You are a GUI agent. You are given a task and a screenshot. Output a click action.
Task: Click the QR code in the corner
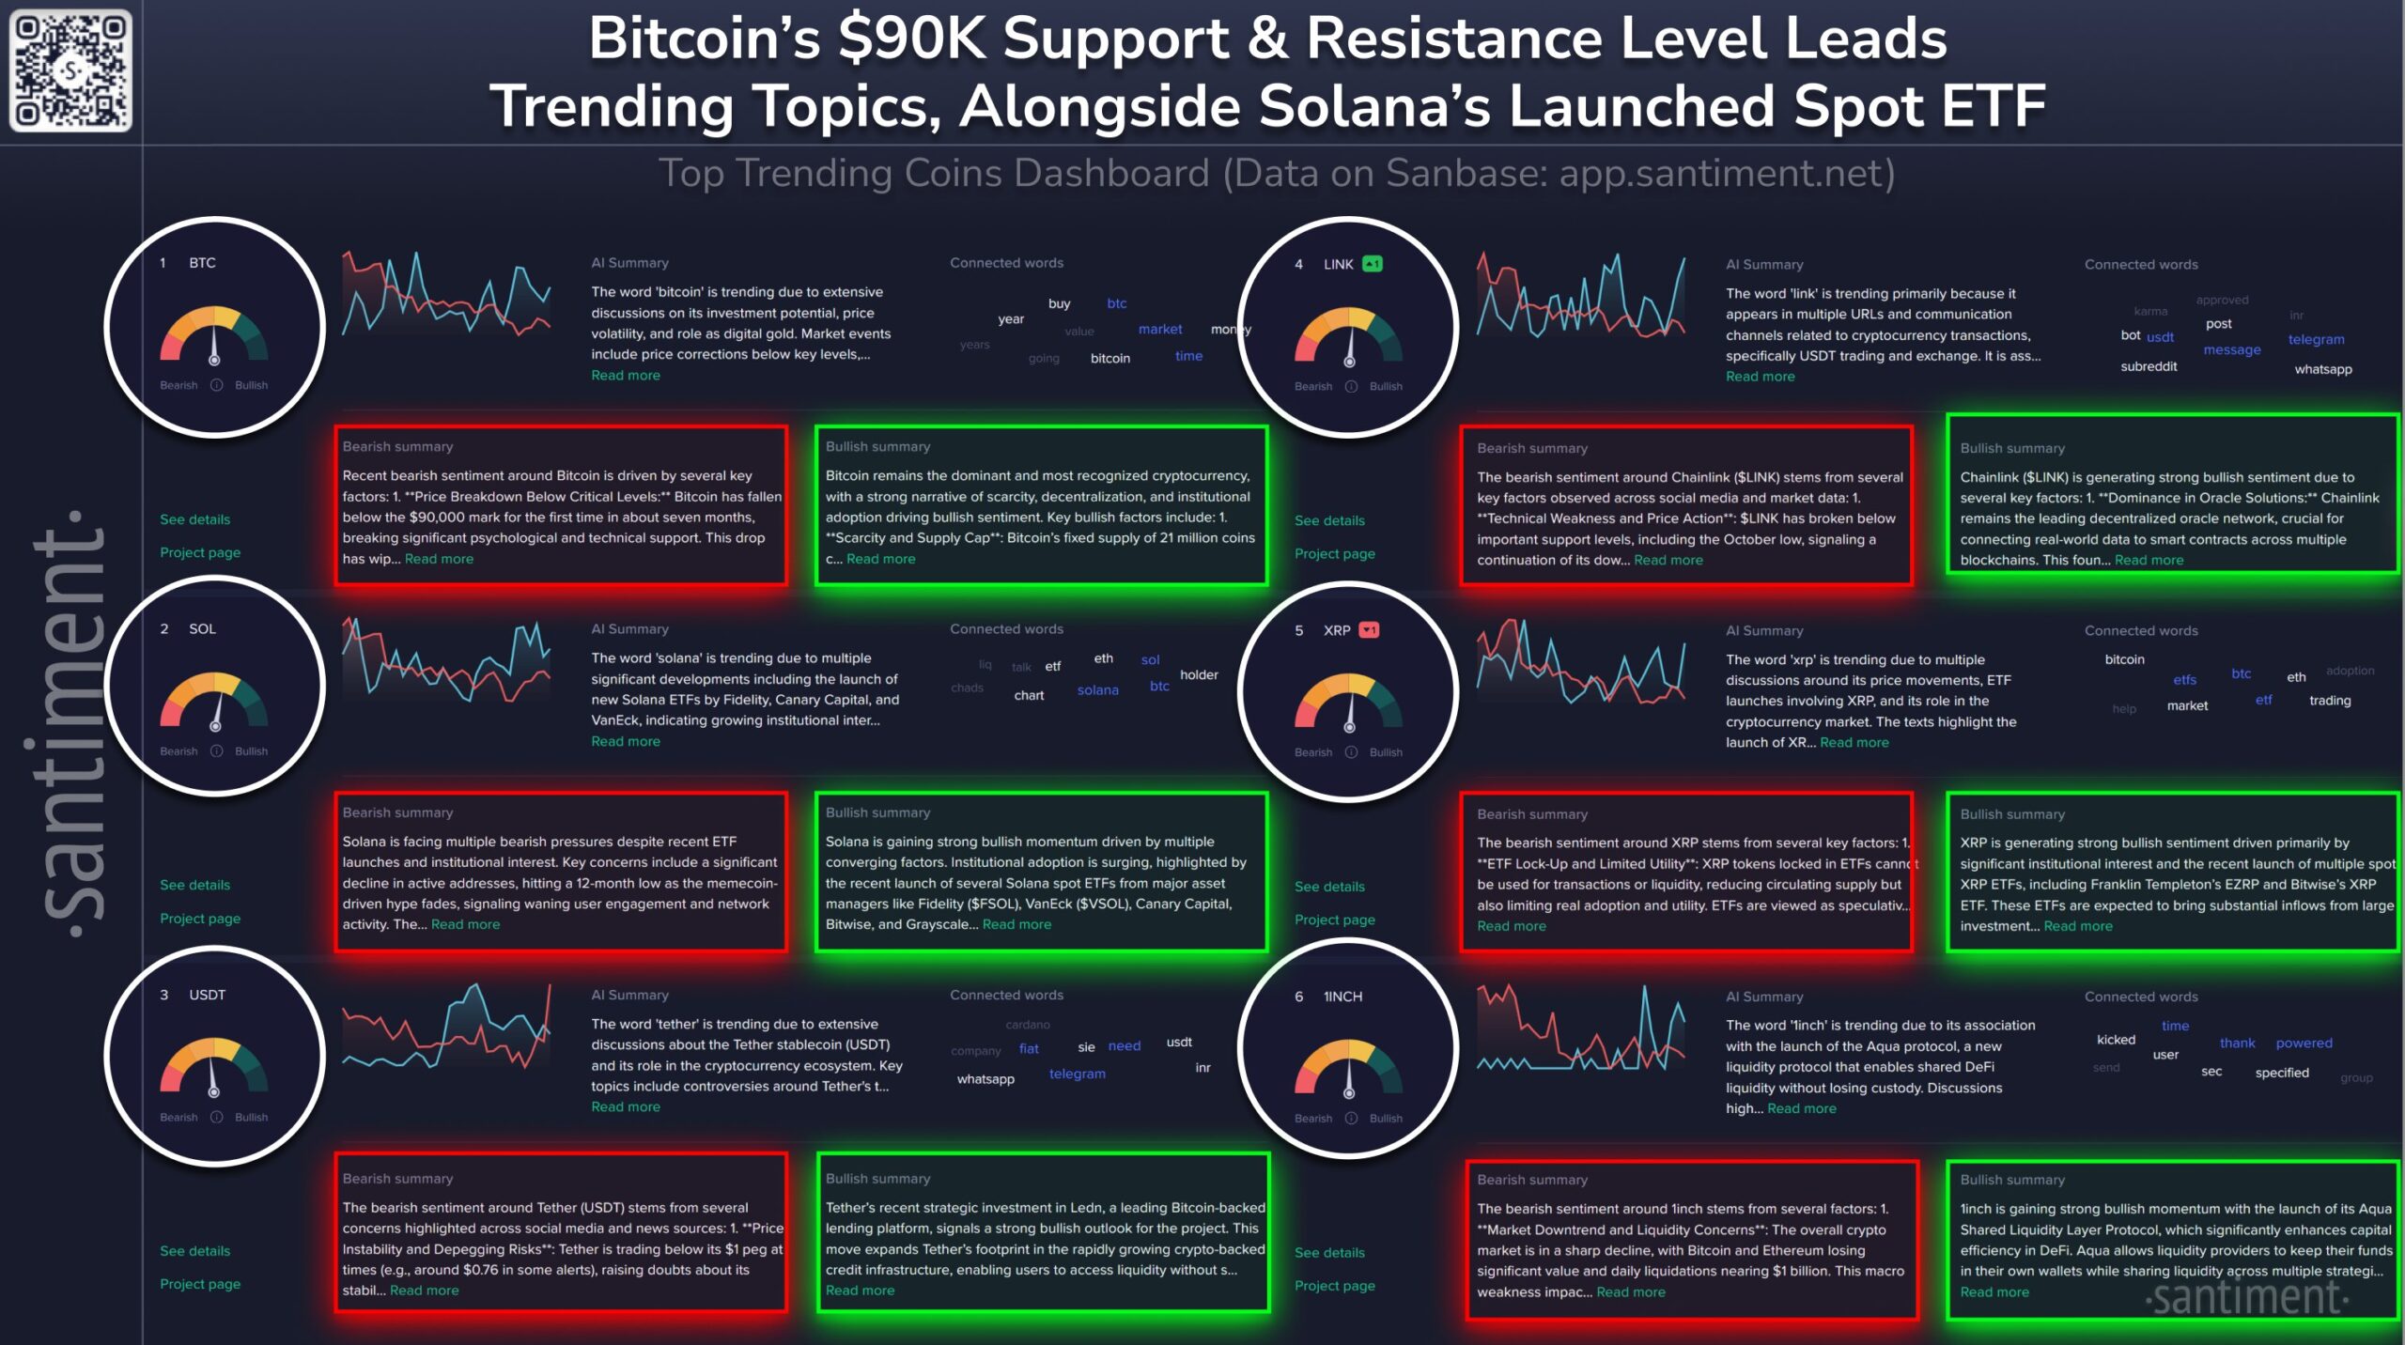point(70,70)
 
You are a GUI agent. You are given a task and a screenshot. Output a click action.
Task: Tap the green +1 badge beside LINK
point(1372,264)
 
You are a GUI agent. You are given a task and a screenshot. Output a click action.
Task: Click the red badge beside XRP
point(1369,630)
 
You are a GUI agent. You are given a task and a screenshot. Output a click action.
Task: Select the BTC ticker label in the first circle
point(202,263)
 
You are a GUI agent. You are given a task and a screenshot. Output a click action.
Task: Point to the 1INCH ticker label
point(1342,997)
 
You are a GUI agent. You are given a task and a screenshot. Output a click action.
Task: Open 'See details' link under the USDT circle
point(194,1251)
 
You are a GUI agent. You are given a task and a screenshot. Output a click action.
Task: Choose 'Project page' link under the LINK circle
point(1334,554)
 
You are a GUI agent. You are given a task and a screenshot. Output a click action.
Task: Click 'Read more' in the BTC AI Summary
point(625,376)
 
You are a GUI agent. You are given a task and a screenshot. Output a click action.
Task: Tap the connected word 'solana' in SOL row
point(1097,690)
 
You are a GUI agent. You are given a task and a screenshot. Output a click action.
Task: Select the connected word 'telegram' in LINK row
point(2316,340)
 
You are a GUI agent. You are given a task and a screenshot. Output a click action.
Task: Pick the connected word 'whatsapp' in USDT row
point(985,1079)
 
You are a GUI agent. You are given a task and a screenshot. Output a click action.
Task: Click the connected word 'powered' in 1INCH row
point(2304,1044)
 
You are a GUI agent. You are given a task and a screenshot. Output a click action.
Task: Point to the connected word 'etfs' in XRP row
point(2184,680)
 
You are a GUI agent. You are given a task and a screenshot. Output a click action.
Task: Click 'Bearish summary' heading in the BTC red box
point(397,447)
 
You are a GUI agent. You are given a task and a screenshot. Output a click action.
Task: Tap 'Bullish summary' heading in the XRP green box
point(2012,814)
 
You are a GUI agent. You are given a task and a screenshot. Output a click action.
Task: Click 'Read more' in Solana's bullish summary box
point(1016,925)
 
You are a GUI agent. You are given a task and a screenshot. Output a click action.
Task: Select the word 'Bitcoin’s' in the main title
point(704,39)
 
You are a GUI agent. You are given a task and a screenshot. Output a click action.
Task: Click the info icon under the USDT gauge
point(216,1118)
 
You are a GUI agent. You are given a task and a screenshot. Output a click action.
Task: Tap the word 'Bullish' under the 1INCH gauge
point(1386,1119)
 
